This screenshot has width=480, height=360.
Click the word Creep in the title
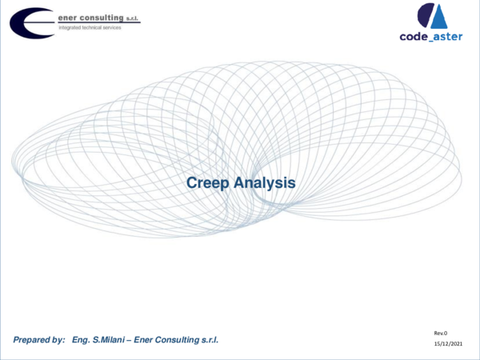207,183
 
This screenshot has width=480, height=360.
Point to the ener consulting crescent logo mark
30,22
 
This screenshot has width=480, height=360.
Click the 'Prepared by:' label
39,340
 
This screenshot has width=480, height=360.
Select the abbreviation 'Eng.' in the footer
83,340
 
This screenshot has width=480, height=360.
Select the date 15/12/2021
448,343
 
